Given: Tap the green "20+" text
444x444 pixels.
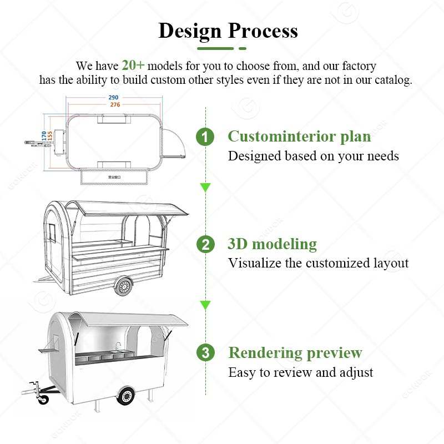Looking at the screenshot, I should pyautogui.click(x=133, y=65).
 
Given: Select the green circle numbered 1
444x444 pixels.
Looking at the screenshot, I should pyautogui.click(x=205, y=137).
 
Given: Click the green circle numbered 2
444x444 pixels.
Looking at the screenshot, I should pyautogui.click(x=205, y=244).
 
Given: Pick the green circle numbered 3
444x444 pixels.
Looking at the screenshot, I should pyautogui.click(x=205, y=352).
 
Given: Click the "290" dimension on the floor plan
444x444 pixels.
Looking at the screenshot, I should pyautogui.click(x=113, y=98).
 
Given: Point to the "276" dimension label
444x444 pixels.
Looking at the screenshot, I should pyautogui.click(x=113, y=104).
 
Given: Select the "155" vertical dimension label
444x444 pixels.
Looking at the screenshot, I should pyautogui.click(x=50, y=134).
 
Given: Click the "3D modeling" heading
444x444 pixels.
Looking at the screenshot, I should pyautogui.click(x=272, y=244).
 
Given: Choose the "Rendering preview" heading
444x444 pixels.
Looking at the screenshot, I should pyautogui.click(x=295, y=352).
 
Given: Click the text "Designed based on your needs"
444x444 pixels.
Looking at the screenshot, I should pyautogui.click(x=313, y=156).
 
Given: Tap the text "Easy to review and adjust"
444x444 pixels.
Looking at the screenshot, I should pyautogui.click(x=300, y=372).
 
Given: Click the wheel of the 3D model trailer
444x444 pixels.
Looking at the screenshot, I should pyautogui.click(x=124, y=286).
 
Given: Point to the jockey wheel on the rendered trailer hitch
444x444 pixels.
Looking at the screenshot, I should pyautogui.click(x=42, y=397).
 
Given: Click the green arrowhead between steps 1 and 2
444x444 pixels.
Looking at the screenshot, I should pyautogui.click(x=205, y=188).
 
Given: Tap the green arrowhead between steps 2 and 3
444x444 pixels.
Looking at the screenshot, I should pyautogui.click(x=205, y=305).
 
